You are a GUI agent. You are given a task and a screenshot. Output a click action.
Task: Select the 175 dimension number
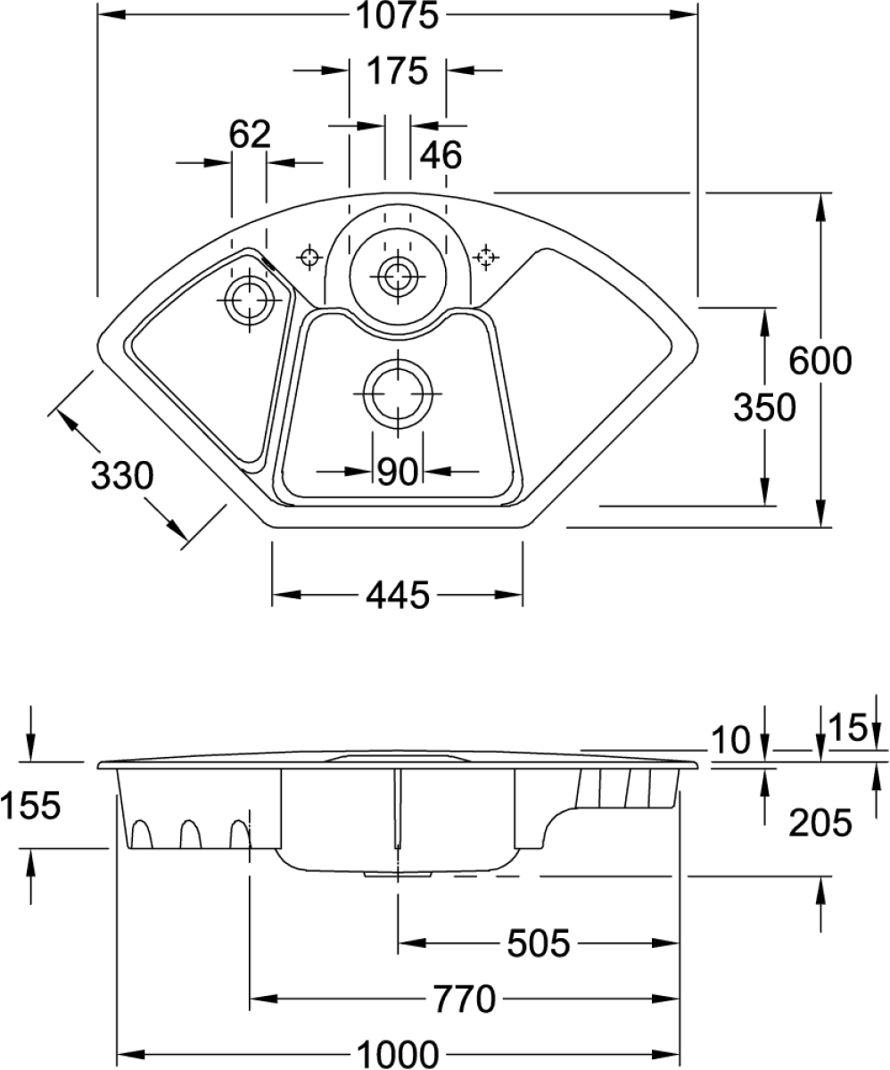pyautogui.click(x=397, y=70)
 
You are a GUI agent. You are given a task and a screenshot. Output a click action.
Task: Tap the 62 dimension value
pyautogui.click(x=249, y=136)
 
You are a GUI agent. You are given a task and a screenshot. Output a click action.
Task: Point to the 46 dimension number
pyautogui.click(x=441, y=155)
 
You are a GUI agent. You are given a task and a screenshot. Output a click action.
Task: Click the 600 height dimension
pyautogui.click(x=820, y=360)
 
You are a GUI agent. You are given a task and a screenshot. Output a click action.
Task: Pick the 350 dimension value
pyautogui.click(x=763, y=407)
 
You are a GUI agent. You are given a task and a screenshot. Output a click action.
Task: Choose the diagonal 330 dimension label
pyautogui.click(x=124, y=477)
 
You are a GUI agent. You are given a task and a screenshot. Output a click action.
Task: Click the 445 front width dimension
pyautogui.click(x=397, y=593)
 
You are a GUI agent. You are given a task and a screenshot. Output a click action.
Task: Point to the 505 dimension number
pyautogui.click(x=538, y=942)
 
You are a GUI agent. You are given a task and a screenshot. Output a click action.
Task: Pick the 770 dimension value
pyautogui.click(x=463, y=997)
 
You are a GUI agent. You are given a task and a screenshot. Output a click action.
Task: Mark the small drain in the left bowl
pyautogui.click(x=246, y=300)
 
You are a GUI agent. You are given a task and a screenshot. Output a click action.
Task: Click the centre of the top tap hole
pyautogui.click(x=393, y=274)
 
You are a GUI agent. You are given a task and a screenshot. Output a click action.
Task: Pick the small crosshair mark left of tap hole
pyautogui.click(x=310, y=258)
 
